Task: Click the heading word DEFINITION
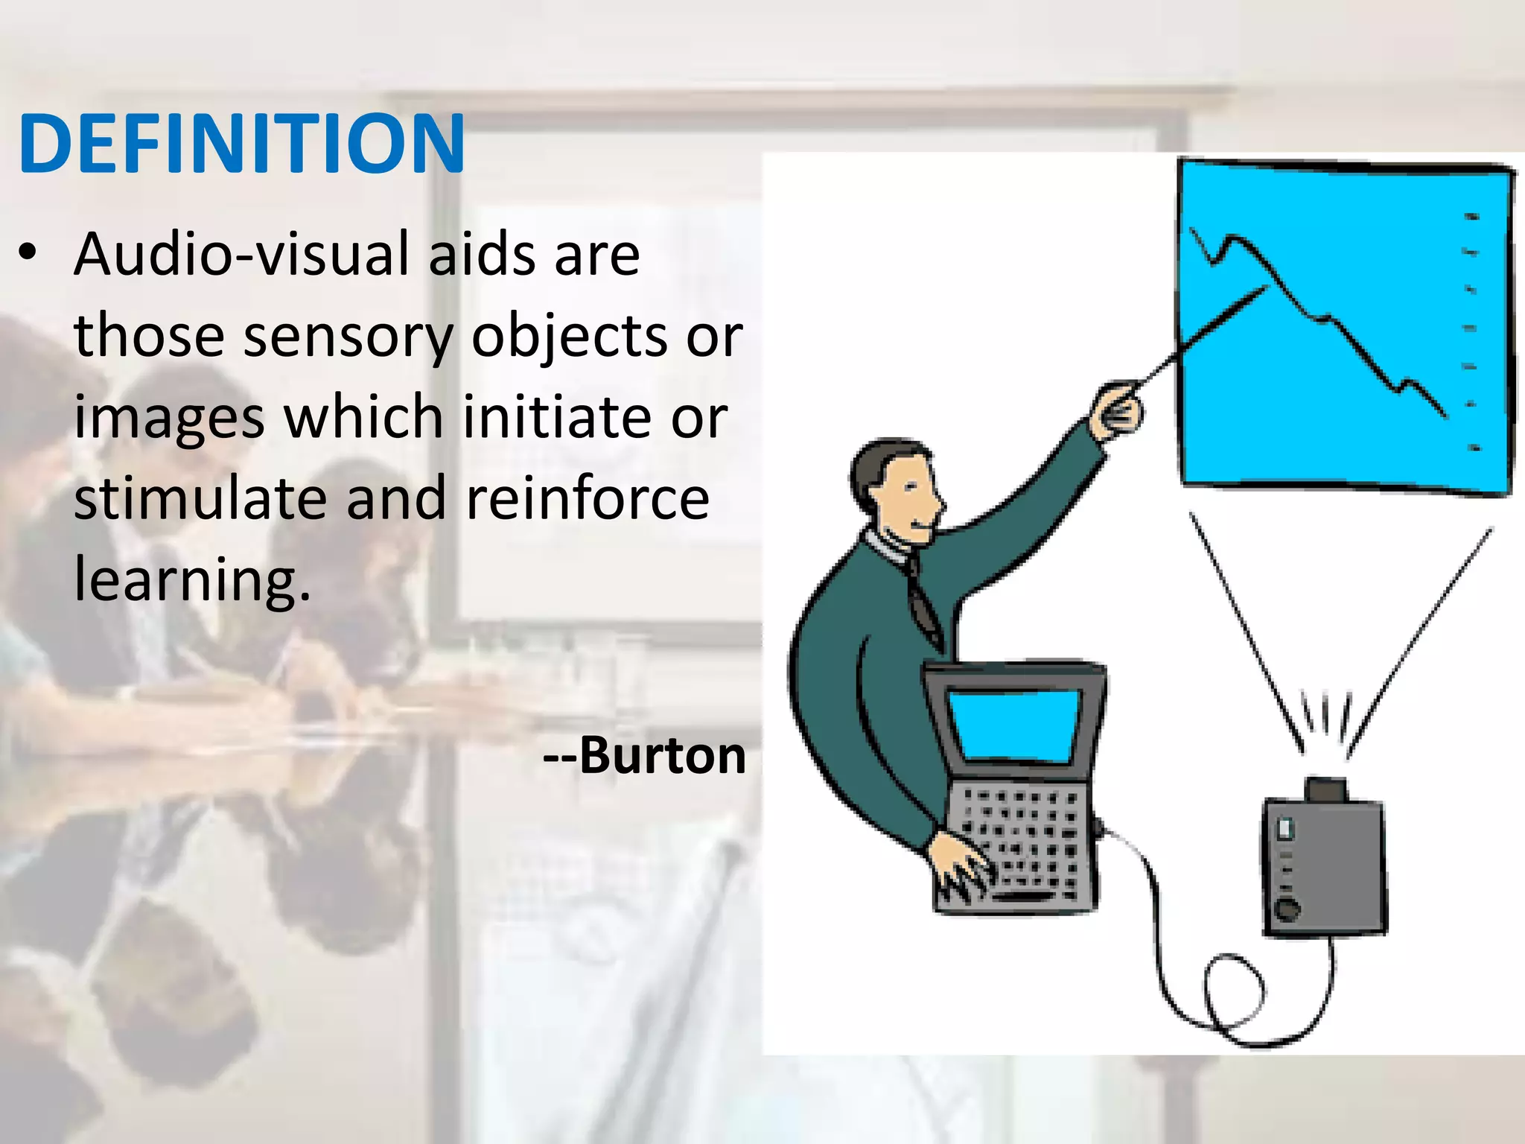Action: click(242, 144)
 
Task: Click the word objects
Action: click(570, 336)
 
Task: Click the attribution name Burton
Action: click(662, 756)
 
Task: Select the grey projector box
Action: click(1324, 864)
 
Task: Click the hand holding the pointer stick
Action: click(1116, 410)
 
